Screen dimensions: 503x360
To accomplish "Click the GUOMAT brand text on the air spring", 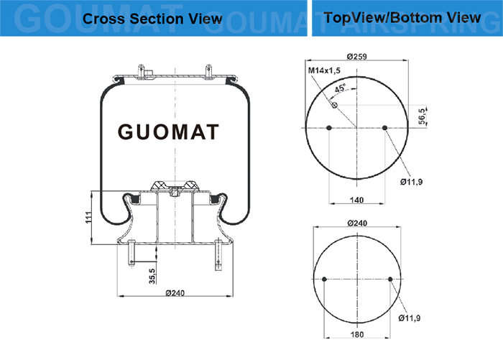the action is [168, 132].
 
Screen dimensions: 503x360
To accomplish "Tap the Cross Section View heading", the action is [152, 18].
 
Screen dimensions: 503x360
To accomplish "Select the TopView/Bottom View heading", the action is [402, 17].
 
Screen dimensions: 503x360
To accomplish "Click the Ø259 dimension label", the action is [356, 57].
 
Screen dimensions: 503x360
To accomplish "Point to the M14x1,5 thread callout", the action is [324, 70].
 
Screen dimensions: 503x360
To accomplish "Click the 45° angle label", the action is [340, 88].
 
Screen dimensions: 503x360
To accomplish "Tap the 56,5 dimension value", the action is [423, 116].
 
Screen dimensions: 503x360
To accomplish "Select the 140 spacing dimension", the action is [356, 200].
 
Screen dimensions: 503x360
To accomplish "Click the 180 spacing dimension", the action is [356, 335].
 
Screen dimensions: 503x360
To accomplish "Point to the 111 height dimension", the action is [88, 217].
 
